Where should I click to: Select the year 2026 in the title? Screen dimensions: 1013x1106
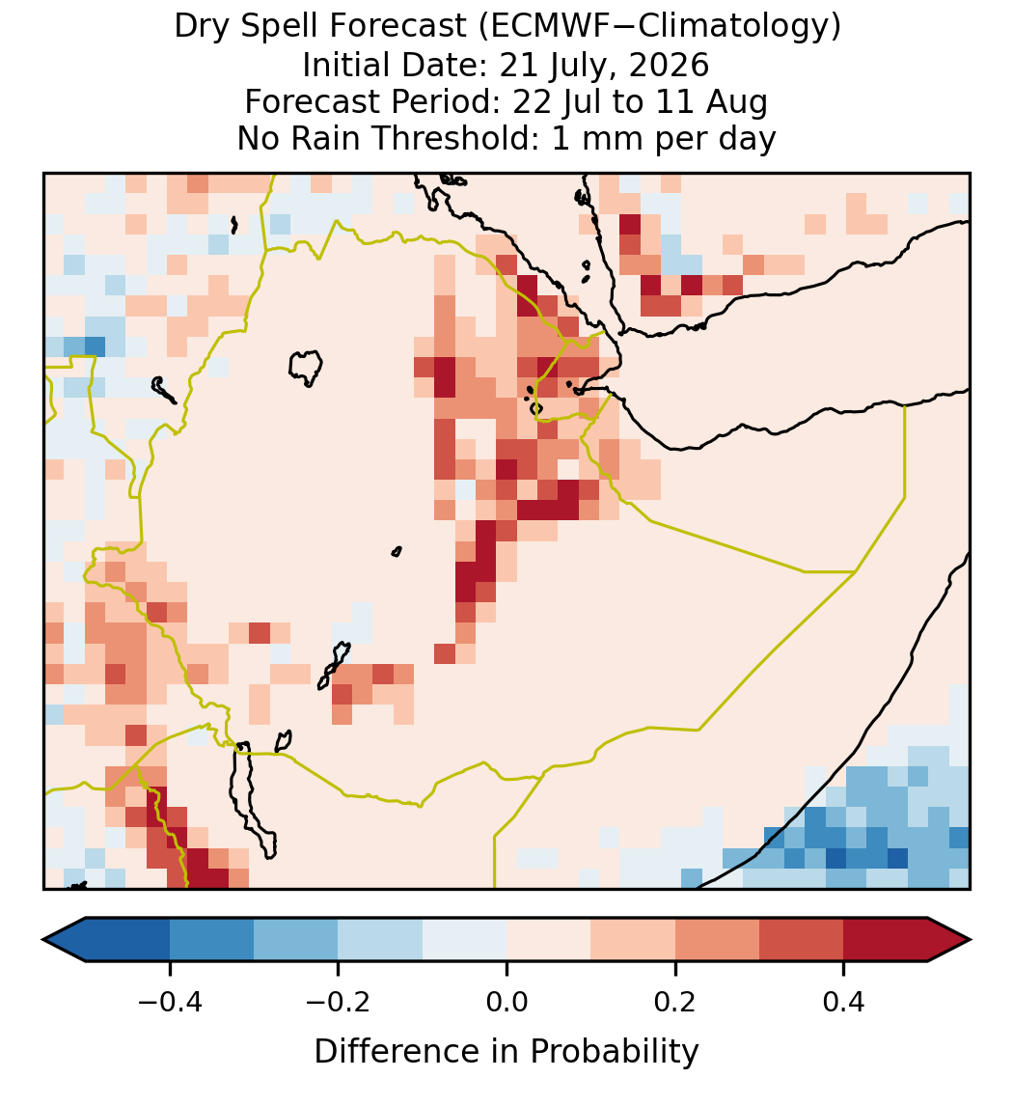[x=669, y=65]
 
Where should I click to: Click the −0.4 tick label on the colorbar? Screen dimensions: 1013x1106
[x=169, y=1002]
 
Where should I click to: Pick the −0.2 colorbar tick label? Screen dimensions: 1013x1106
[x=338, y=1002]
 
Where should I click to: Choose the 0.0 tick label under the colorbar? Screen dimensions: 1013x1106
[x=506, y=1002]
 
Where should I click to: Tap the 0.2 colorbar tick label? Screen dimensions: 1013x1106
[x=675, y=1002]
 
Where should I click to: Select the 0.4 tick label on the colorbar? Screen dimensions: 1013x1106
[x=844, y=1002]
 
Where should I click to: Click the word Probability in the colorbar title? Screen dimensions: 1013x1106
[x=615, y=1052]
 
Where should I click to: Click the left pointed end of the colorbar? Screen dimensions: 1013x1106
[x=43, y=940]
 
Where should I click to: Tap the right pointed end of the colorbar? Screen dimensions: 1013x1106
[x=971, y=940]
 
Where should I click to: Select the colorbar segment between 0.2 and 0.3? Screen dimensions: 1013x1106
[x=717, y=940]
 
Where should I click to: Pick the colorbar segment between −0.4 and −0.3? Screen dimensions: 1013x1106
[x=211, y=940]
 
